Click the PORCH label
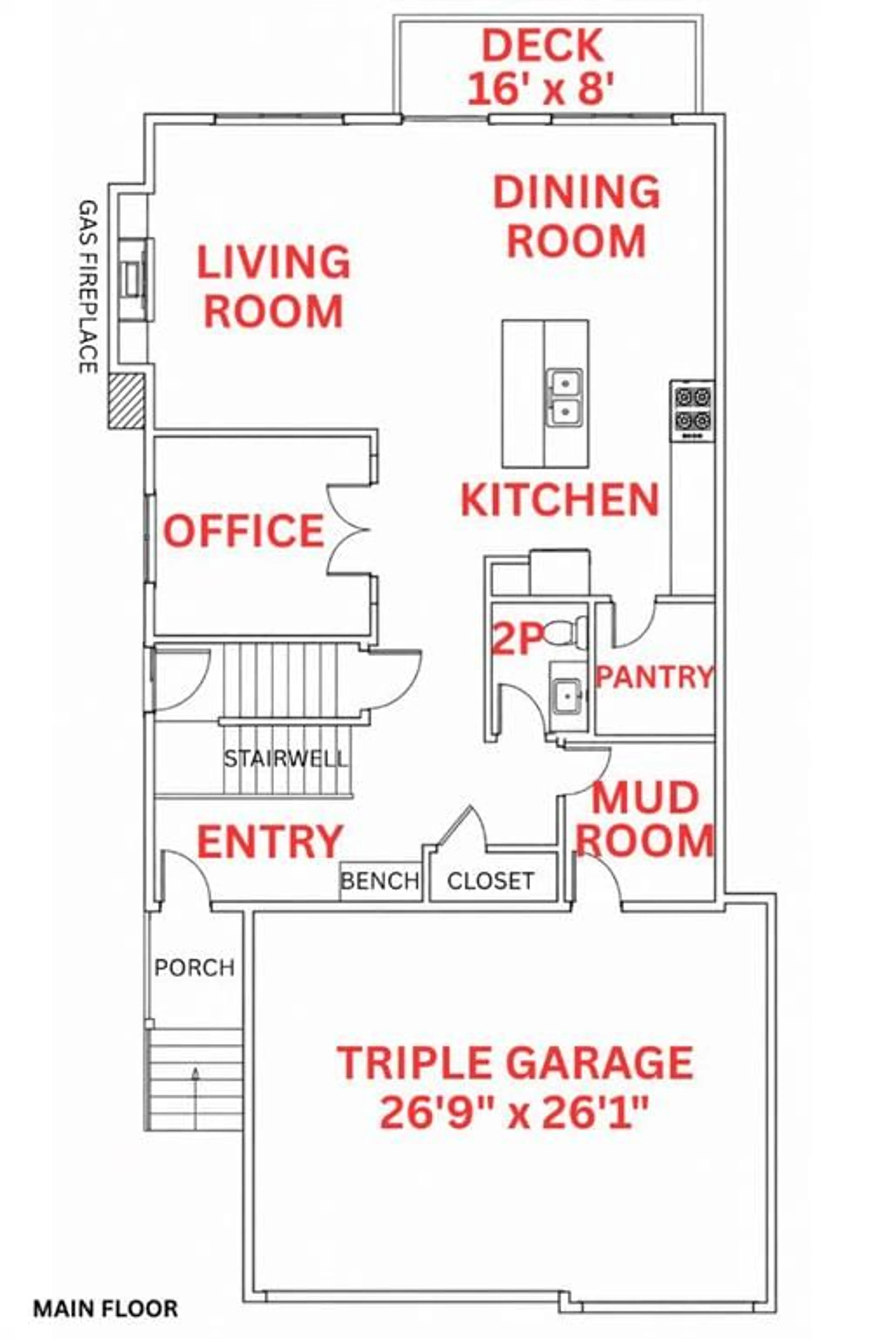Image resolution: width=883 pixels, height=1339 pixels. pos(194,968)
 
